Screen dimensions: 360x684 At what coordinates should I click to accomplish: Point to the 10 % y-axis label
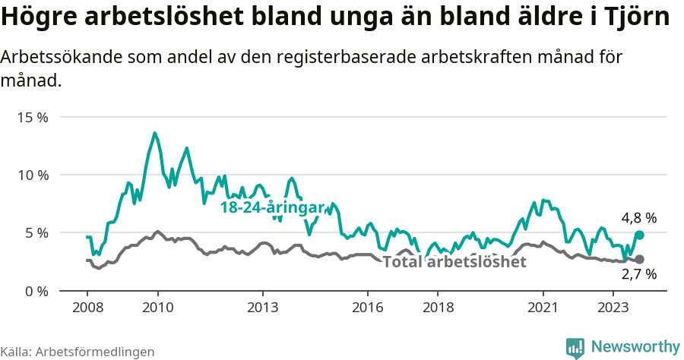tap(32, 175)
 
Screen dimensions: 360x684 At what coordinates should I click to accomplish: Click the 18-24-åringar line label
tap(272, 207)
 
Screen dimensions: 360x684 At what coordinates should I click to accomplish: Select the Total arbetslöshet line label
tap(454, 262)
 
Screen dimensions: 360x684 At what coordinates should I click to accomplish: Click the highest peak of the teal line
tap(154, 134)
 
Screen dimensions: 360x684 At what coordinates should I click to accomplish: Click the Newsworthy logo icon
tap(575, 347)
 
